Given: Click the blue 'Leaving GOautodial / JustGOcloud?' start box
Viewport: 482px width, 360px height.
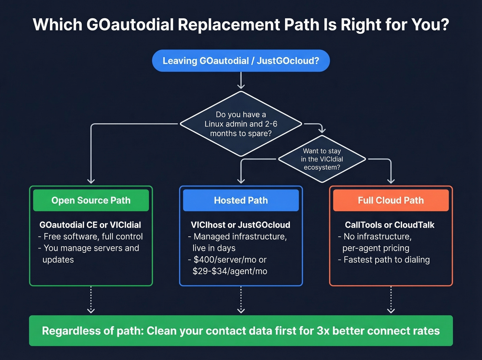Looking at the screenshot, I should pyautogui.click(x=241, y=61).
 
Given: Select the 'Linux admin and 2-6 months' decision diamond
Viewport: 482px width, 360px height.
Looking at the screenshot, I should pyautogui.click(x=241, y=124).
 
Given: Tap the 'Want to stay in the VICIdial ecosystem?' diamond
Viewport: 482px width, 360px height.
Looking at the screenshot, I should pyautogui.click(x=322, y=159).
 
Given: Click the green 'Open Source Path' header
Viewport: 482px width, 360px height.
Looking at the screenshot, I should pyautogui.click(x=91, y=200).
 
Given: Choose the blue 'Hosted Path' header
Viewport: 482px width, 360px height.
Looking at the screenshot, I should pyautogui.click(x=241, y=200).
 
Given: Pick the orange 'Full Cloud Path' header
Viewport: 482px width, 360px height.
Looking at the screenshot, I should pyautogui.click(x=391, y=200).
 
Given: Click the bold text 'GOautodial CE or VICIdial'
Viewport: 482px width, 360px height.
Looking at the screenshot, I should pyautogui.click(x=90, y=225).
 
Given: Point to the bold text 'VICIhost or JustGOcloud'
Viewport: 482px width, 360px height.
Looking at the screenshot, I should pyautogui.click(x=240, y=225).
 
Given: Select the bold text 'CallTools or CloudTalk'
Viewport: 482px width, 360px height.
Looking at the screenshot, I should pyautogui.click(x=389, y=225).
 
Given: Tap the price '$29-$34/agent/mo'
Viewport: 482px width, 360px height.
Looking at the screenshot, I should pyautogui.click(x=230, y=271).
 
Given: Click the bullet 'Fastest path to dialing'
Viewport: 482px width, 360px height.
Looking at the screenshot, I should pyautogui.click(x=386, y=260).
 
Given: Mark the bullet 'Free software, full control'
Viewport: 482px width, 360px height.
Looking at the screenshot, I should pyautogui.click(x=93, y=237).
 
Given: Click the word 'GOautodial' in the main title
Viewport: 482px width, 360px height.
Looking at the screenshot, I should pyautogui.click(x=130, y=25).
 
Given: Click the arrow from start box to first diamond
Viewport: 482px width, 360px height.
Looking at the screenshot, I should pyautogui.click(x=241, y=81).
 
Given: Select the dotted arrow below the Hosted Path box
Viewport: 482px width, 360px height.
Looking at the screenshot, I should pyautogui.click(x=241, y=300).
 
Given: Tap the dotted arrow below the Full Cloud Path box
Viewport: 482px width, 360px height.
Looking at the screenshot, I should pyautogui.click(x=391, y=300).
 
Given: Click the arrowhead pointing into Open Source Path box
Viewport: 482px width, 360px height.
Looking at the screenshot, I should pyautogui.click(x=91, y=181).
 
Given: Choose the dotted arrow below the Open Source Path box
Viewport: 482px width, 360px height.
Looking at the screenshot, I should pyautogui.click(x=91, y=300).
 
